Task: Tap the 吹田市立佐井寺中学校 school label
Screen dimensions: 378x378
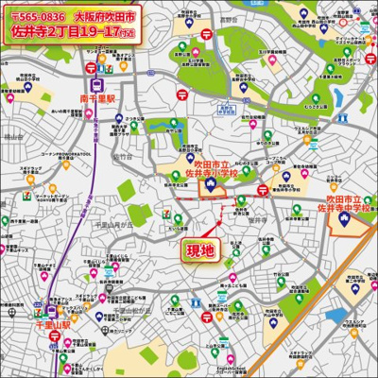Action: click(x=346, y=207)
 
